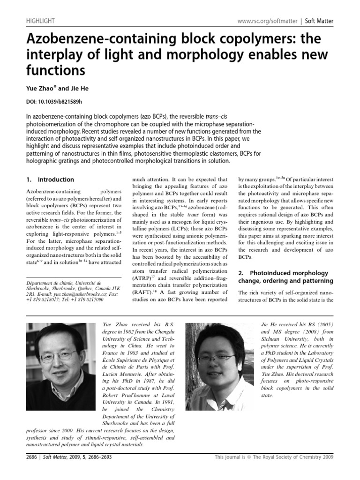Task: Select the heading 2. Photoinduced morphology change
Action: coord(292,277)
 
